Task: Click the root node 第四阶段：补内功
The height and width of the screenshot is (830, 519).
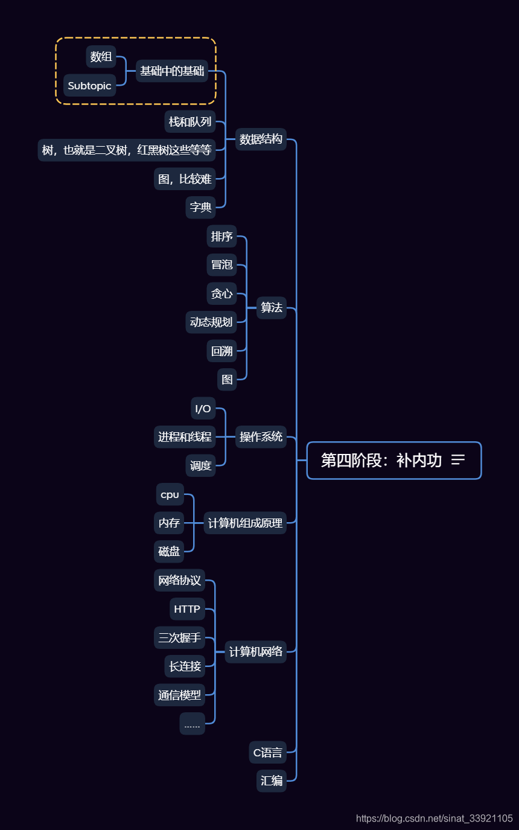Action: click(x=381, y=461)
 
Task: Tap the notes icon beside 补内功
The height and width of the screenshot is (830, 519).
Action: click(x=458, y=460)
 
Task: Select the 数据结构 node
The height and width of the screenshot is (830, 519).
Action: click(x=261, y=139)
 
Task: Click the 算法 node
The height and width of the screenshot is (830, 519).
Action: click(x=272, y=308)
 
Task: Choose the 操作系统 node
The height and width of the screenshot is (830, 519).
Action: click(x=261, y=437)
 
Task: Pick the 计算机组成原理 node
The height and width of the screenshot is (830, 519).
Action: click(x=245, y=523)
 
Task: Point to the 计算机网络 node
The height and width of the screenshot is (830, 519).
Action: click(x=256, y=652)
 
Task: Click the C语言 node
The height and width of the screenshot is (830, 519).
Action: click(x=267, y=753)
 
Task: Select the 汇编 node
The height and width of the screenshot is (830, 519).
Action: click(x=272, y=781)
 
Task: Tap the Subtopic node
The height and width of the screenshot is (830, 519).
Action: click(x=89, y=86)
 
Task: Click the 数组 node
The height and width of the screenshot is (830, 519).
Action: click(x=101, y=57)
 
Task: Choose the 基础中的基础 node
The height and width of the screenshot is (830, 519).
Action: click(x=172, y=71)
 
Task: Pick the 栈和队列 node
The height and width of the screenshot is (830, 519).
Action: click(x=190, y=122)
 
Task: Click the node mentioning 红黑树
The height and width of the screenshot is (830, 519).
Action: click(x=127, y=150)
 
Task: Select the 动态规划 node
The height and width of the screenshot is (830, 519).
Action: click(x=211, y=322)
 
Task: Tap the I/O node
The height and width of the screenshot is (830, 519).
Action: click(x=203, y=409)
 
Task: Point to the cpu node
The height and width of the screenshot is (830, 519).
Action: click(x=170, y=494)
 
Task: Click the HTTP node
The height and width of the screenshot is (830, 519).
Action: click(x=187, y=609)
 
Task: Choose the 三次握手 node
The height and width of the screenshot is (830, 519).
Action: click(x=179, y=637)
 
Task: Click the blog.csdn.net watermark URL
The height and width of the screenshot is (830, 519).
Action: click(x=434, y=819)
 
